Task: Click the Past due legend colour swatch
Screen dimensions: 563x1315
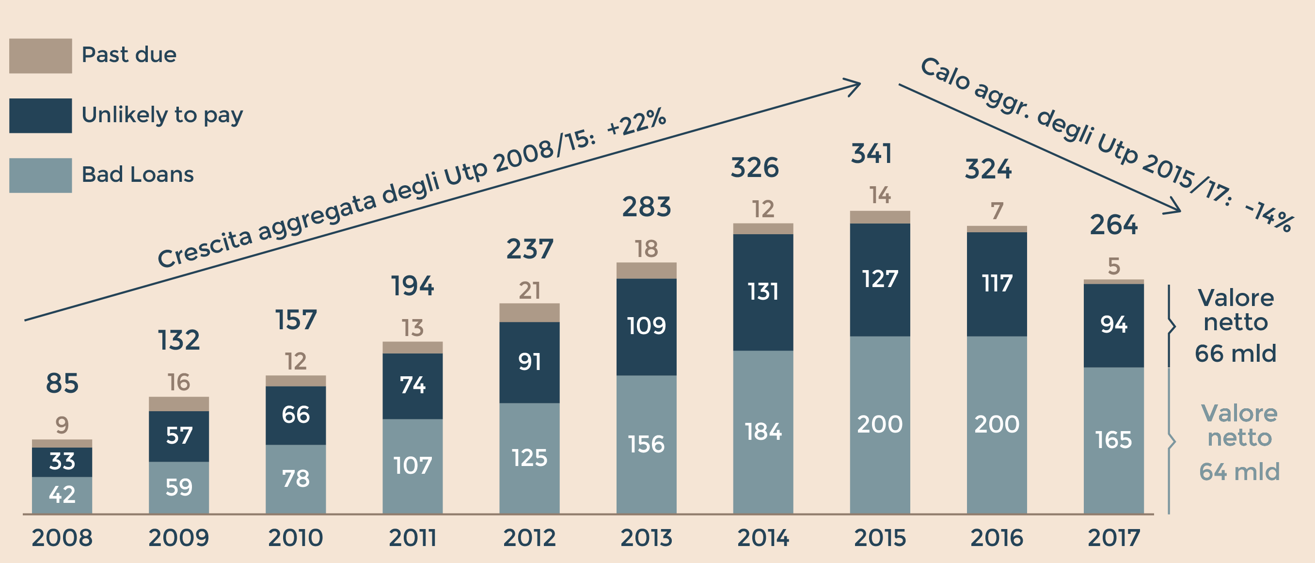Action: point(40,56)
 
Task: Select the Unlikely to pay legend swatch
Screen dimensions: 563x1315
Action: point(40,115)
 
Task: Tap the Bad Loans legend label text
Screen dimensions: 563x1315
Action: point(137,175)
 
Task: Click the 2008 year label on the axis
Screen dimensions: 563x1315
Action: point(62,538)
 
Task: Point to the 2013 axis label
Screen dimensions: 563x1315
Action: point(646,538)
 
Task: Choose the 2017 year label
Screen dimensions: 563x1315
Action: point(1113,538)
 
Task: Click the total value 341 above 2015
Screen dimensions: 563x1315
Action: point(871,154)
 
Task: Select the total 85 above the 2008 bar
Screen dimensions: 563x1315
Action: point(62,383)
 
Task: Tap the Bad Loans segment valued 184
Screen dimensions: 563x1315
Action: point(763,432)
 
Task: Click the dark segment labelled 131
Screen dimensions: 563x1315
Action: point(763,292)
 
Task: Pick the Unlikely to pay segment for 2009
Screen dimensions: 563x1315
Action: point(179,436)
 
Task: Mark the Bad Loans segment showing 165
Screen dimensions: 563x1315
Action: point(1113,440)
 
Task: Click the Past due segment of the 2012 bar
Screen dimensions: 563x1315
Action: point(529,313)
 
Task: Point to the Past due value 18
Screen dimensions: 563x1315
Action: point(646,249)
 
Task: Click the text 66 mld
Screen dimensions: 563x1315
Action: point(1236,354)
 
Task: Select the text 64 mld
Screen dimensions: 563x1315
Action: point(1239,471)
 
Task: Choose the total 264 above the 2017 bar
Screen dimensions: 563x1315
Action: point(1113,225)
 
